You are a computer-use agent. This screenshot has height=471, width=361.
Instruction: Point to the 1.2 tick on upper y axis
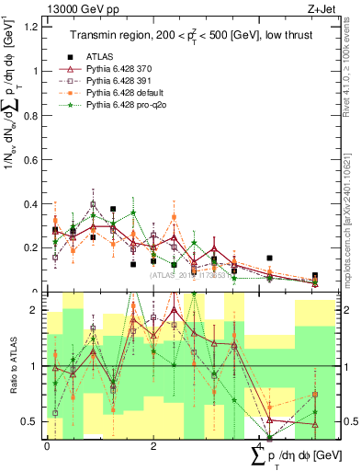point(34,26)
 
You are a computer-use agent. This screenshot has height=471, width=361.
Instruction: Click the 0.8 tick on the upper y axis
point(34,115)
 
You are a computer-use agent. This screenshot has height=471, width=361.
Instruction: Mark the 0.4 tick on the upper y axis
point(34,204)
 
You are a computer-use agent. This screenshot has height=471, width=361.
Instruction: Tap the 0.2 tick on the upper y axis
point(34,248)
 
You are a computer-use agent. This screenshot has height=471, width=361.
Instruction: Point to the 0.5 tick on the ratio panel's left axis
point(34,422)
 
